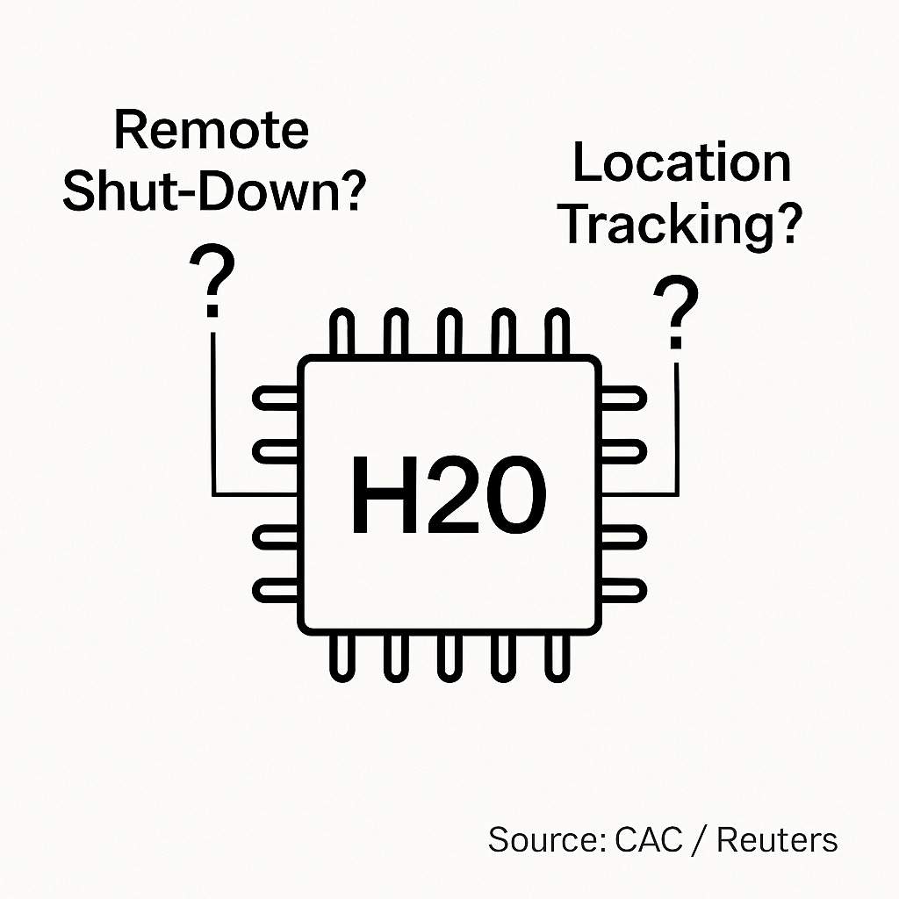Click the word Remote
212,132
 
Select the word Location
681,163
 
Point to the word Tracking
681,224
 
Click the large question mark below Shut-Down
212,281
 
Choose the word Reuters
777,839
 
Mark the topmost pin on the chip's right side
622,399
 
